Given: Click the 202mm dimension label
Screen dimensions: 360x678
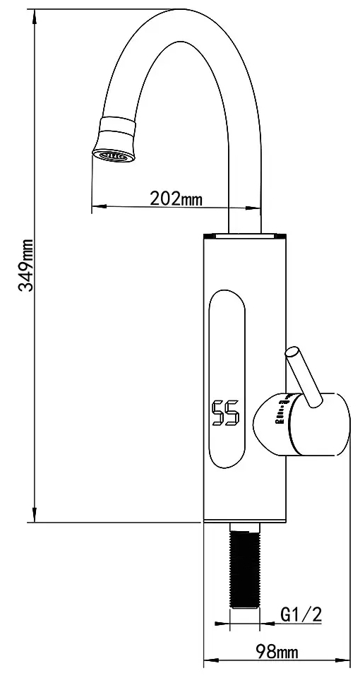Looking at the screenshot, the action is (x=176, y=198).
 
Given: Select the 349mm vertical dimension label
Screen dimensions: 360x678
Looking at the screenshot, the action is (x=26, y=264).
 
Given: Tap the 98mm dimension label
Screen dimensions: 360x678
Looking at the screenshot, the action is (x=277, y=651).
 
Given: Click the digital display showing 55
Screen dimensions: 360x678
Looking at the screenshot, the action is (x=226, y=412).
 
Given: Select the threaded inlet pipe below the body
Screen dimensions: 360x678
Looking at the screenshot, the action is (x=245, y=565).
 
